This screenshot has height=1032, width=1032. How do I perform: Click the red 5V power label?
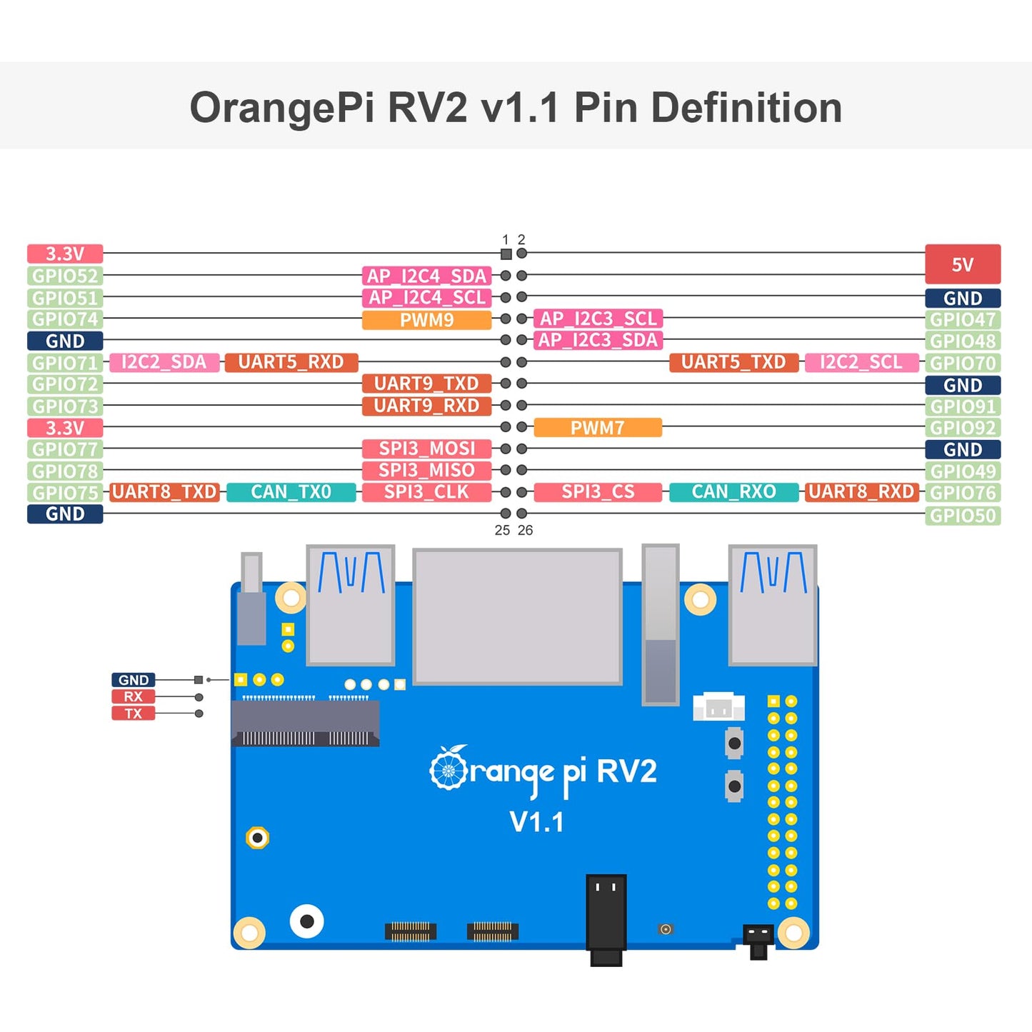[962, 264]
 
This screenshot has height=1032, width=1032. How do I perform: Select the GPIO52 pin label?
[65, 276]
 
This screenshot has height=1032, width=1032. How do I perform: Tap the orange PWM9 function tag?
[426, 320]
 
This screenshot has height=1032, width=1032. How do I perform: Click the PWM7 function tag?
[598, 428]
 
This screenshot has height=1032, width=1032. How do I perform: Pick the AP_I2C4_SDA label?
[426, 276]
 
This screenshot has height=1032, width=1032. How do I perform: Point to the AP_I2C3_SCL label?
[598, 319]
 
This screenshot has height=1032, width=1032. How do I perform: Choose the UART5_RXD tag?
[291, 362]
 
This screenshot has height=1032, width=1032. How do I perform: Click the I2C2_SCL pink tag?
[861, 362]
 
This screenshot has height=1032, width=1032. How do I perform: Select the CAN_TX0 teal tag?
[291, 492]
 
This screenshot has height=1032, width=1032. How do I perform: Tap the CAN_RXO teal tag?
[733, 492]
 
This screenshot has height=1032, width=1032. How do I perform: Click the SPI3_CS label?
[598, 492]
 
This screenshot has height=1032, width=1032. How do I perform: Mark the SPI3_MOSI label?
[426, 449]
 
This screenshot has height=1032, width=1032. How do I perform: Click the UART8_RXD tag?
[861, 492]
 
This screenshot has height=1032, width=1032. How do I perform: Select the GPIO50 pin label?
[962, 516]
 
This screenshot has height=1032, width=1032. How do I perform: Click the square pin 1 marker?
[506, 254]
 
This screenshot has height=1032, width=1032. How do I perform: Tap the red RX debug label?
[133, 697]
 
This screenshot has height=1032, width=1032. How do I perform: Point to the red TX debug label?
[133, 713]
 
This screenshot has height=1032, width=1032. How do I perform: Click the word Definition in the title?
[746, 108]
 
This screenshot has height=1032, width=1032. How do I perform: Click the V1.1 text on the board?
[536, 822]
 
